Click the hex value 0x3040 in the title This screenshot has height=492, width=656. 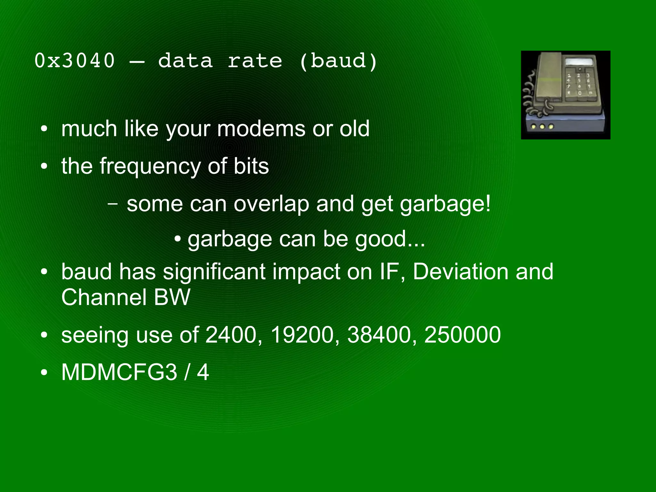tap(74, 61)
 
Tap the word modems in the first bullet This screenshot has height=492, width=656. tap(261, 129)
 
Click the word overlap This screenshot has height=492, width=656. tap(271, 204)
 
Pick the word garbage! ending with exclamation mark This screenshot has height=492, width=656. tap(445, 204)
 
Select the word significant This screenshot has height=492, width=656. tap(214, 272)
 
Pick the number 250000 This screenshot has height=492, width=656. tap(462, 335)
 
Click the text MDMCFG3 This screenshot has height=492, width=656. tap(119, 372)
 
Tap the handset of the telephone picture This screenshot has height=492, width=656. tap(548, 80)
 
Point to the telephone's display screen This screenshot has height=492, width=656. tap(578, 62)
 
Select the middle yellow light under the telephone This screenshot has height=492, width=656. tap(542, 127)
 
